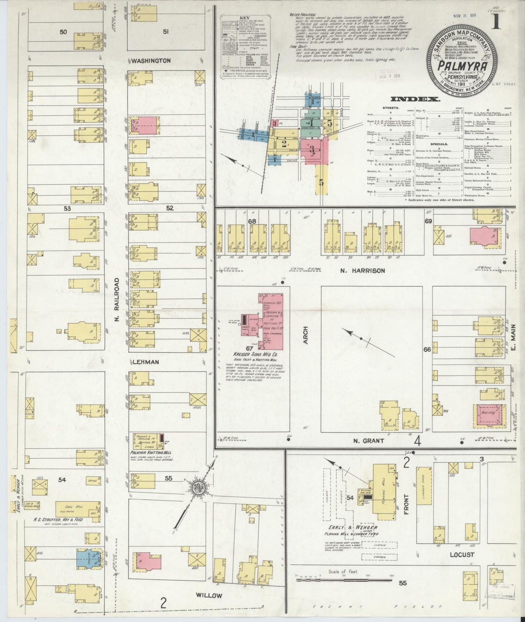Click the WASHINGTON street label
tap(151, 61)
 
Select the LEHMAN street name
tap(145, 362)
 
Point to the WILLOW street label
tap(209, 595)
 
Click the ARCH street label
tap(305, 335)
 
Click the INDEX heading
tap(415, 99)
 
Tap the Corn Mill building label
tap(71, 506)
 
